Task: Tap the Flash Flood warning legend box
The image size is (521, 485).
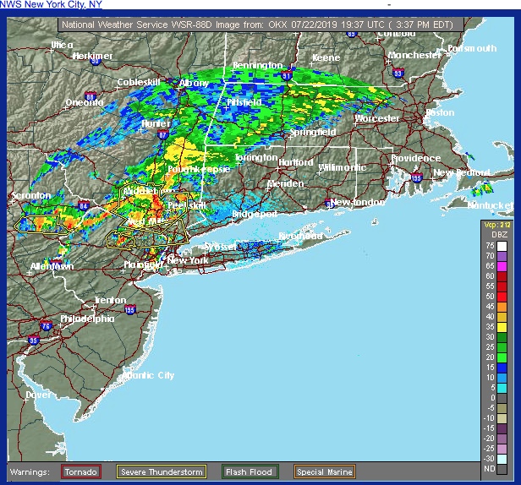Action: point(248,471)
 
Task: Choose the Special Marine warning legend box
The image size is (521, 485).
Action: point(324,471)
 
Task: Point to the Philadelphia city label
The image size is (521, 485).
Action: point(86,319)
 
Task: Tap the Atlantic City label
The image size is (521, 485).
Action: point(149,375)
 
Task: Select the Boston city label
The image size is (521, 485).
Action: point(440,112)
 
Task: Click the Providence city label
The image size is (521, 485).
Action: point(415,158)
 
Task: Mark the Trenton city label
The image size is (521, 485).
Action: point(110,300)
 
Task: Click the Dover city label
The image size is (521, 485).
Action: point(37,395)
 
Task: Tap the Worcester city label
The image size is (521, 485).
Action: point(376,119)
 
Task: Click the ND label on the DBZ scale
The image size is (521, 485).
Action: point(490,467)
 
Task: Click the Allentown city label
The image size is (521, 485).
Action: point(52,266)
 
